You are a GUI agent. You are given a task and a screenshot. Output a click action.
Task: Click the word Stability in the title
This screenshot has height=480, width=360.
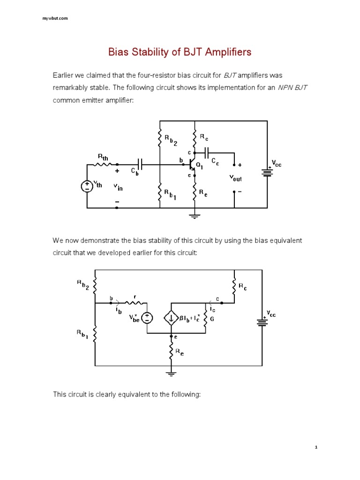point(151,52)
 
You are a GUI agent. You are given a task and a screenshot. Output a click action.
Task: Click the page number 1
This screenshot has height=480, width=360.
point(317,447)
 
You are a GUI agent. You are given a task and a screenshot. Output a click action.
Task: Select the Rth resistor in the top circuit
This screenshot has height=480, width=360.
point(103,165)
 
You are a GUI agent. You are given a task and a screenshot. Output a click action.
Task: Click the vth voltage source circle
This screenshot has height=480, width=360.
point(87,186)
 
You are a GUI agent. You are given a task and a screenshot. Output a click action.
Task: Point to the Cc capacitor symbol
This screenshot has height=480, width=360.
point(207,153)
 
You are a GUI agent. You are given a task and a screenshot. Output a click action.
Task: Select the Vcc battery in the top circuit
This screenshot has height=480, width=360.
point(268,172)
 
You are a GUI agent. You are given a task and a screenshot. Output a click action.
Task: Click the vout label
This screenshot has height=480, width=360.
point(235,178)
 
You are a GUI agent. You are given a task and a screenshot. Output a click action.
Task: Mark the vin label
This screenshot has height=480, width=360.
point(118,187)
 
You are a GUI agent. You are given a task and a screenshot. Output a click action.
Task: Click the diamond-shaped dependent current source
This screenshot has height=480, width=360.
point(171,318)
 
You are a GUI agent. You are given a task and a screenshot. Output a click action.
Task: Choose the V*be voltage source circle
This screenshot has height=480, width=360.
point(147,318)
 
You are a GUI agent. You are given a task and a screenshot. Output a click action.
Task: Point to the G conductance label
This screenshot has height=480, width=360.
point(211,320)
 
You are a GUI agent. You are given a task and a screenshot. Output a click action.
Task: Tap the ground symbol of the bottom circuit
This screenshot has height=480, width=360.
point(171,373)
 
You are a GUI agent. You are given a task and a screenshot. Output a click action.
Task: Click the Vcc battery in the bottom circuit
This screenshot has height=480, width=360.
point(261,322)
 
